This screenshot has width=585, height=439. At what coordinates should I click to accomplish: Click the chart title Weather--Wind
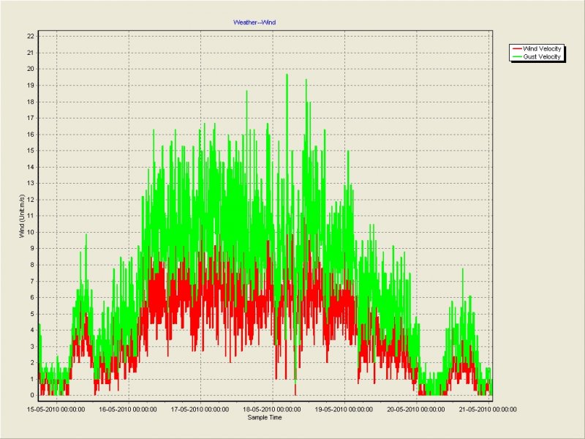254,23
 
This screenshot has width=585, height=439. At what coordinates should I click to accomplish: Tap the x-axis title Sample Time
265,418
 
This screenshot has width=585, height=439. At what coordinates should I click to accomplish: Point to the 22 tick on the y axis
31,36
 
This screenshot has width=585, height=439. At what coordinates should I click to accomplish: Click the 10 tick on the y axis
31,232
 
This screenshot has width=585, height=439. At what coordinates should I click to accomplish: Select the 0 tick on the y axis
32,395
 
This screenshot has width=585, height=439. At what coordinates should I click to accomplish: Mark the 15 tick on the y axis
31,150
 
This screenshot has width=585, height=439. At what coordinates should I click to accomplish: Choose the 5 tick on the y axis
32,313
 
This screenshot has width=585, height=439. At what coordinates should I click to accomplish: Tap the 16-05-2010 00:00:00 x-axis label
128,410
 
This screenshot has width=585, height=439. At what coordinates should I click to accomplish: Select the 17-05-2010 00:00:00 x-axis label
200,410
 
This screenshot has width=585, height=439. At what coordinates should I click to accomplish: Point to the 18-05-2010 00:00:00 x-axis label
272,410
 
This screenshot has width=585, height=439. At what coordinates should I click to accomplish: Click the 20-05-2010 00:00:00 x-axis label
416,410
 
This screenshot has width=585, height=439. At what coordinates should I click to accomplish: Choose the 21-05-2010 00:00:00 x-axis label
488,410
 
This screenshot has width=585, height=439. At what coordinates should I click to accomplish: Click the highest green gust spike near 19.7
287,75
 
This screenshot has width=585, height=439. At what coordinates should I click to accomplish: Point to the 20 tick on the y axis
31,69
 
